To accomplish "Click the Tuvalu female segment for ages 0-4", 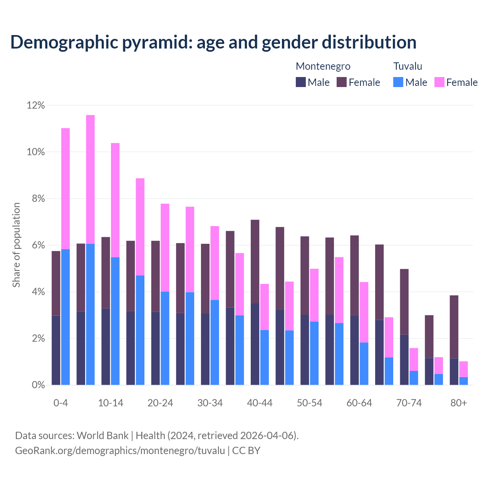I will (x=65, y=189).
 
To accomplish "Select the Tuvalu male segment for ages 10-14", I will (x=115, y=321).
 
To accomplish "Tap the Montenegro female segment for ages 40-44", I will (x=255, y=262).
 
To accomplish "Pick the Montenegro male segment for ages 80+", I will (x=454, y=371).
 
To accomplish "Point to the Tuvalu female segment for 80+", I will (x=463, y=369).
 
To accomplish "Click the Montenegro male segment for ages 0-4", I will (x=56, y=350).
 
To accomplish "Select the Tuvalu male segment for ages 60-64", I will (x=364, y=364).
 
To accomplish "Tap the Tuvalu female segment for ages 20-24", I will (x=165, y=248).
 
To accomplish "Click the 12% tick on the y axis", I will (x=36, y=105).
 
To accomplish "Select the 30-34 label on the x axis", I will (x=210, y=403).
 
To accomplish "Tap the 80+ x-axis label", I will (x=459, y=403).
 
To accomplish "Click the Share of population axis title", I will (x=16, y=245).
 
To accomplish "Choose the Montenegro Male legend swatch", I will (x=301, y=82).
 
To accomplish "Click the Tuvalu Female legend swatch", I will (x=439, y=82).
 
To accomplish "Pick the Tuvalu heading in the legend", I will (x=407, y=66).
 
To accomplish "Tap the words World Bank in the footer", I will (x=102, y=435).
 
